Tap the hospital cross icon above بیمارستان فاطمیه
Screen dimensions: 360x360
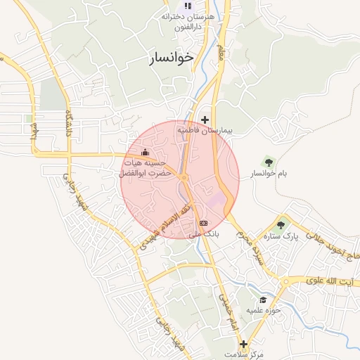click(205, 120)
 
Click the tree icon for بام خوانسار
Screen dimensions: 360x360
click(266, 162)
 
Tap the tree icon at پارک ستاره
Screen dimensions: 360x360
click(281, 225)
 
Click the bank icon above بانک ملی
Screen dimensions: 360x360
click(204, 223)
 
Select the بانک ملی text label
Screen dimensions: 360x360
click(207, 233)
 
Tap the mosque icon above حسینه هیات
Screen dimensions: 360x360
click(146, 152)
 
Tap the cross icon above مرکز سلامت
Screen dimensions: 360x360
click(243, 345)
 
